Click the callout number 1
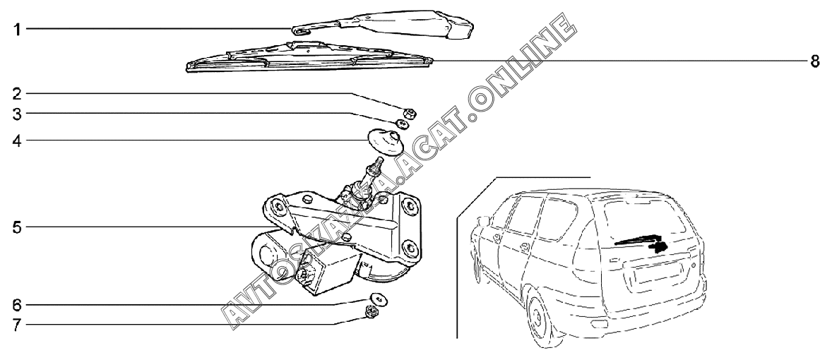click(x=18, y=29)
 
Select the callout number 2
click(x=18, y=93)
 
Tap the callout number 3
click(x=18, y=113)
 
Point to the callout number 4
click(x=18, y=140)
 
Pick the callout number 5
click(x=18, y=227)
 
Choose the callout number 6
click(x=18, y=305)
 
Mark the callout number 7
click(x=18, y=325)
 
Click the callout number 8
click(x=814, y=61)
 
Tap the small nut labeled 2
click(x=408, y=111)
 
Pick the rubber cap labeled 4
click(x=386, y=140)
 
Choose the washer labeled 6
click(x=377, y=298)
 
